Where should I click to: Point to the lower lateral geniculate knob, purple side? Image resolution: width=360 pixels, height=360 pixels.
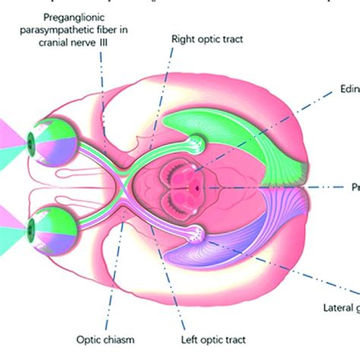pyautogui.click(x=197, y=232)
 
